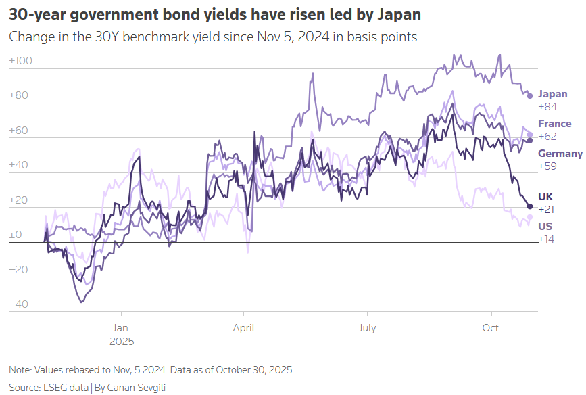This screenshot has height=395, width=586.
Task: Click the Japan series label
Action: tap(552, 95)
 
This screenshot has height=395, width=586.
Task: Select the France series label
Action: tap(554, 124)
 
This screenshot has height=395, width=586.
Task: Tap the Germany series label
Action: tap(560, 154)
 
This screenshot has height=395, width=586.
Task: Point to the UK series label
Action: tap(545, 196)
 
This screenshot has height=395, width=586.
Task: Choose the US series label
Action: tap(545, 227)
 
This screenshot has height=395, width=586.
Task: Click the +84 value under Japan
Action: tap(547, 107)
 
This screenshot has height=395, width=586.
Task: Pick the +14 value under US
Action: tap(546, 239)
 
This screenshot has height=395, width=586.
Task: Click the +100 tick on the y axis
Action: tap(21, 61)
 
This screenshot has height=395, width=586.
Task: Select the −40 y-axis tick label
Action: tap(18, 304)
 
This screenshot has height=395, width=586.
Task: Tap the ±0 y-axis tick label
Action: tap(16, 235)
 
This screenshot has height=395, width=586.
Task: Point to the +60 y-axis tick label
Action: tap(18, 131)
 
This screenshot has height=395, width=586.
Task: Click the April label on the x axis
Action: tap(243, 328)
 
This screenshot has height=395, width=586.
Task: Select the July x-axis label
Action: tap(367, 328)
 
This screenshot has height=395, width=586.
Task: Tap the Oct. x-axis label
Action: tap(491, 328)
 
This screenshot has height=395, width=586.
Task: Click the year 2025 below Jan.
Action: tap(122, 341)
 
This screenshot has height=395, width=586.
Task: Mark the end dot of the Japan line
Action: tap(530, 95)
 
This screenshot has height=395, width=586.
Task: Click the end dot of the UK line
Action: tap(530, 206)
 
